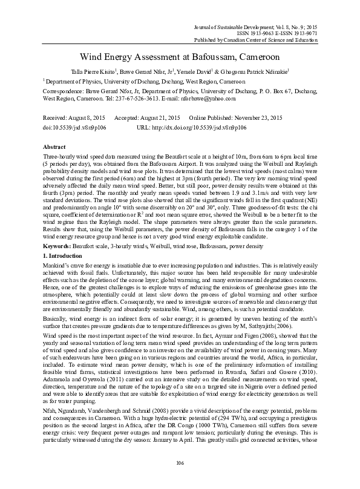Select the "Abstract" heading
click(54, 147)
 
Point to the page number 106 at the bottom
click(180, 463)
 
